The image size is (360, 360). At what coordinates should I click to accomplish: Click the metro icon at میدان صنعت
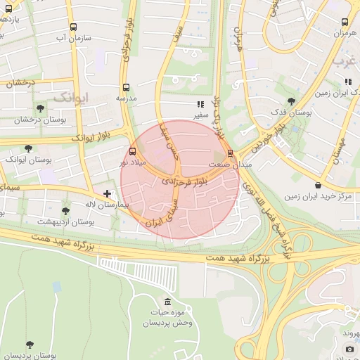point(230,153)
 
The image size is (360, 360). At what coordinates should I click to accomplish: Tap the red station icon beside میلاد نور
point(134,151)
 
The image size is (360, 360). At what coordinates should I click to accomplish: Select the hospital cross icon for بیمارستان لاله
point(107,193)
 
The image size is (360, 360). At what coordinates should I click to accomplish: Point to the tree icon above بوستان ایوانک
point(28,148)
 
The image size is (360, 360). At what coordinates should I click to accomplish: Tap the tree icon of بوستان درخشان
point(40,108)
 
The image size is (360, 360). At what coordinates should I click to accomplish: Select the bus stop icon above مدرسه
point(126,88)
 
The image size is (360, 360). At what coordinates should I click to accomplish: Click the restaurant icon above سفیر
point(200,103)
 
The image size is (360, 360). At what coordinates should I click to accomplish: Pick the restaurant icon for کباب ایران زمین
point(347,82)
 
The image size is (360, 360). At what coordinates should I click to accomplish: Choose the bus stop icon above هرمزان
point(345,22)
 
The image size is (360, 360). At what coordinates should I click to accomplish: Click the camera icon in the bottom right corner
point(349,349)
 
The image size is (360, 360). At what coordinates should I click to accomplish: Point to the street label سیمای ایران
point(163,211)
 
